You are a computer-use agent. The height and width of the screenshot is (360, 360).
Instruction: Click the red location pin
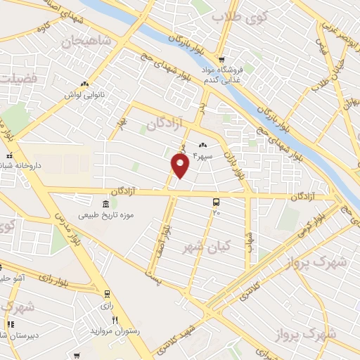click(x=181, y=165)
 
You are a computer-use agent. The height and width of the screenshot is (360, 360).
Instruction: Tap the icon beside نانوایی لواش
click(x=85, y=83)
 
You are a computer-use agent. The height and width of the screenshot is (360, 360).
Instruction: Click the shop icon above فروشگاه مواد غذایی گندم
click(x=221, y=60)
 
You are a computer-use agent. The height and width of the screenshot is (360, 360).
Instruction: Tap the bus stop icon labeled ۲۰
click(x=215, y=201)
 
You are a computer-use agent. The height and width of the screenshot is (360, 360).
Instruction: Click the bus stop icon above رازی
click(x=106, y=294)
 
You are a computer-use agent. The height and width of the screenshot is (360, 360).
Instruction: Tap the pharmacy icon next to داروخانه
click(x=9, y=155)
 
